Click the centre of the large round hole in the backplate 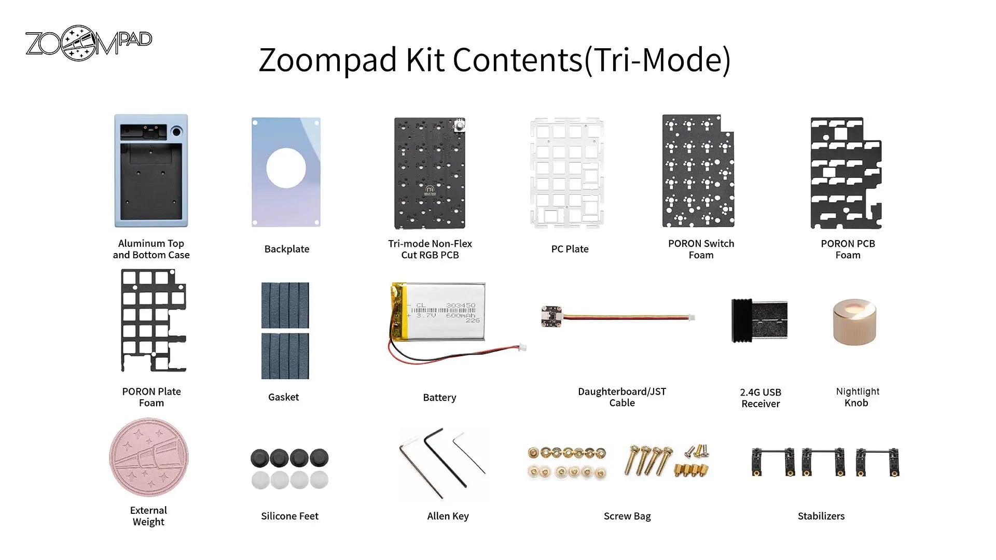[286, 169]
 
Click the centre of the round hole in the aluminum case [176, 132]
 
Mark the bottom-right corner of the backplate [320, 227]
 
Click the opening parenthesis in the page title [588, 61]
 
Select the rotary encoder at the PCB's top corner [459, 126]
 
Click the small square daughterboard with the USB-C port [551, 316]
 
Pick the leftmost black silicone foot [259, 458]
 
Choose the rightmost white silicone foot [319, 480]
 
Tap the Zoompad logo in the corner [89, 43]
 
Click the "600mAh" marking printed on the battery [460, 315]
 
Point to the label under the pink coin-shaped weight [148, 516]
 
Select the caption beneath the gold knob [857, 397]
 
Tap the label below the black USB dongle [760, 398]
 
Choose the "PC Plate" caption [570, 249]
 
